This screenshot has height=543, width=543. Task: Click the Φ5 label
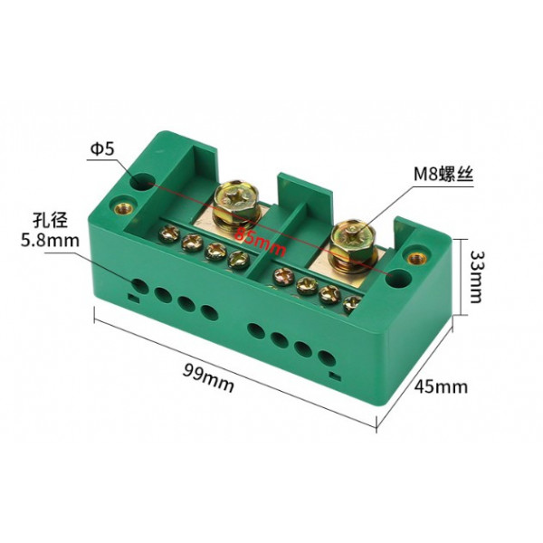[102, 149]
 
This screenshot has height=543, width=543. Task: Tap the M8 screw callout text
[443, 174]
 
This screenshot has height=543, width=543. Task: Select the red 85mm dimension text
[261, 243]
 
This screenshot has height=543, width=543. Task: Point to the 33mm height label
[477, 277]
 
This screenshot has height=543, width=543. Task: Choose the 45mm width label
[441, 386]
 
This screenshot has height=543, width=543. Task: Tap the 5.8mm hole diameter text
[50, 240]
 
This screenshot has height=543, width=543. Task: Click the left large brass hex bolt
[235, 204]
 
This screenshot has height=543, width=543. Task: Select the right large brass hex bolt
[354, 243]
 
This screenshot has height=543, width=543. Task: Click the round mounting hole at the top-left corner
[142, 181]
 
